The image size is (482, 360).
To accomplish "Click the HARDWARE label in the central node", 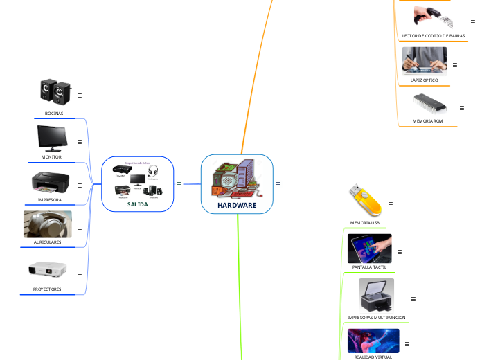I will click(x=237, y=206).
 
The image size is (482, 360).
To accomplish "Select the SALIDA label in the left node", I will click(x=137, y=204).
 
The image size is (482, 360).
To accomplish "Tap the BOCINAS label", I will click(x=54, y=113).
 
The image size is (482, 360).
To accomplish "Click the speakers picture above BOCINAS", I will click(x=55, y=92).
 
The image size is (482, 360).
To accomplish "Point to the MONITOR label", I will click(x=51, y=157).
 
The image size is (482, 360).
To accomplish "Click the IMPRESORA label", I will click(x=50, y=200).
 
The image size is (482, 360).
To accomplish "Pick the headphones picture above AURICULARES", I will click(x=47, y=225).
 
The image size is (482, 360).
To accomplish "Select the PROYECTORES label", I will click(x=47, y=289).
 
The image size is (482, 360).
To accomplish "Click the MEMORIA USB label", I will click(x=364, y=223).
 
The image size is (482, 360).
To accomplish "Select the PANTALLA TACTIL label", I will click(x=369, y=267).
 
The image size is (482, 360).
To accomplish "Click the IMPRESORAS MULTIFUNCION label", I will click(x=376, y=317).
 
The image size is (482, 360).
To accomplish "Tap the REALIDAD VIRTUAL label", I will click(x=373, y=357).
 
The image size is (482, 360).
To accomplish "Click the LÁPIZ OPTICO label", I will click(x=425, y=80).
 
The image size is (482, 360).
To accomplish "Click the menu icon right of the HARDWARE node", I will click(x=278, y=184).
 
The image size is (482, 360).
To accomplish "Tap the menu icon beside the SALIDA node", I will click(x=179, y=184).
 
